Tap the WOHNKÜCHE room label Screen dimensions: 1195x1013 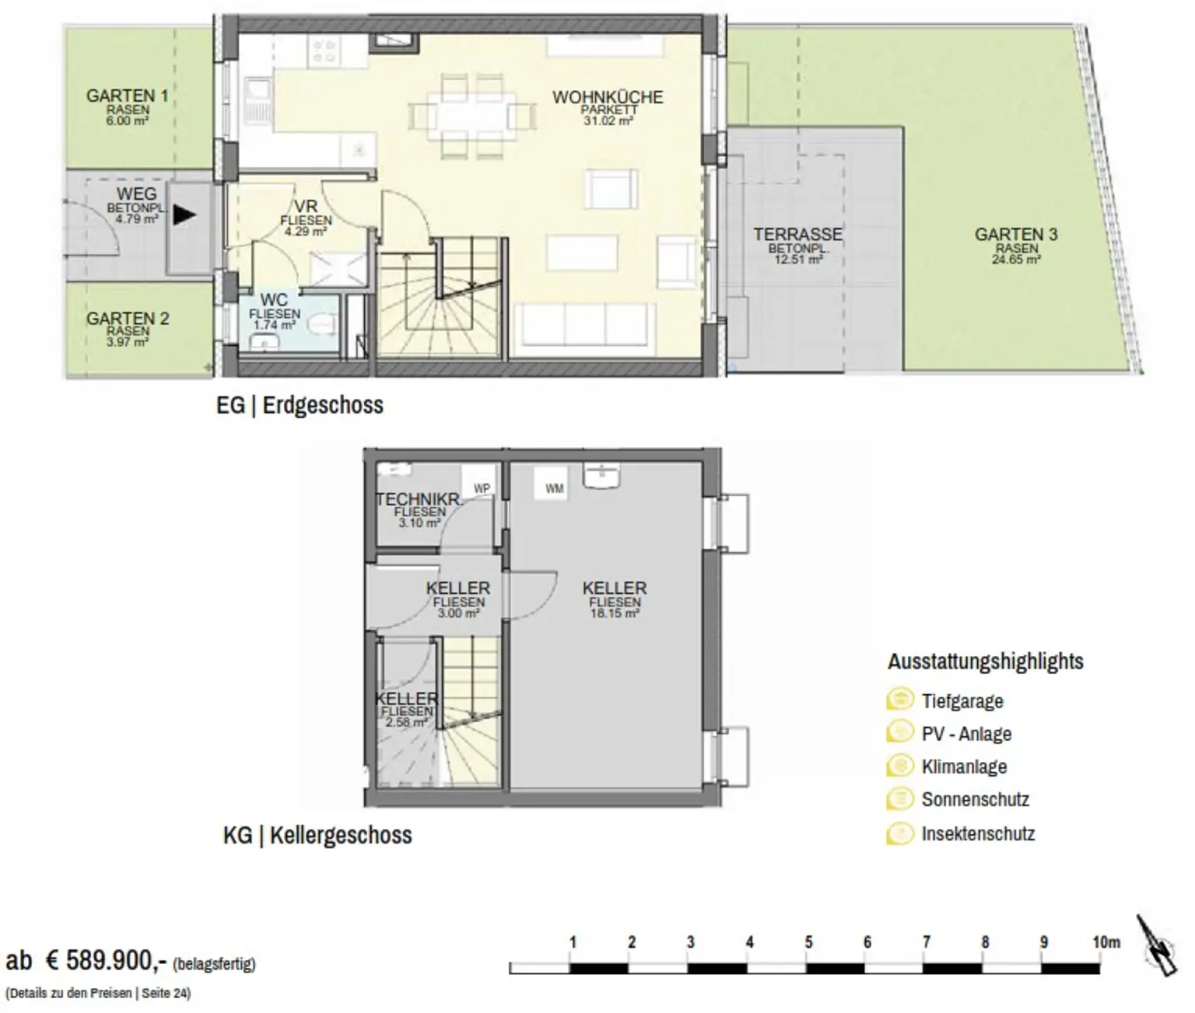point(608,97)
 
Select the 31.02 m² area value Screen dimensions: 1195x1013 point(608,121)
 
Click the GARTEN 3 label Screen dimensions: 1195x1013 point(1016,235)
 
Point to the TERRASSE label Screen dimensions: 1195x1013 point(797,235)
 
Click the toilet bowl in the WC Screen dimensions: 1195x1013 point(323,324)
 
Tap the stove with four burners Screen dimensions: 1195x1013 point(324,51)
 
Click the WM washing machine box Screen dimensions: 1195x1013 point(554,488)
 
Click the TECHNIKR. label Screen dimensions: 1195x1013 point(419,498)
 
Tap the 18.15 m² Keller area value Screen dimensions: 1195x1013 point(615,613)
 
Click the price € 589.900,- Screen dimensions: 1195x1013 point(106,960)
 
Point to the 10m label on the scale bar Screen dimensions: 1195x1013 point(1106,942)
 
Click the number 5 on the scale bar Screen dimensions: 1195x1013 point(808,942)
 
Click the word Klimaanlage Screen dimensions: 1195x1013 point(964,767)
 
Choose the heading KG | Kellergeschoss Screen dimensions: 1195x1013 point(317,836)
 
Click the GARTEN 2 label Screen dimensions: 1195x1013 point(128,319)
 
